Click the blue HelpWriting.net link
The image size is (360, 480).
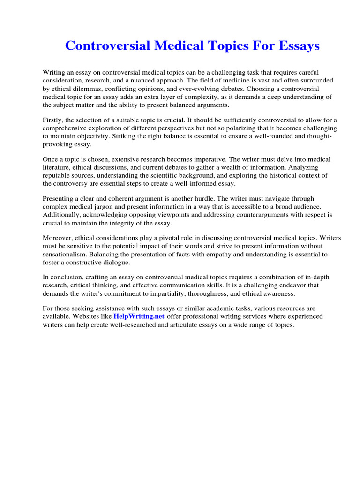click(x=139, y=316)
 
